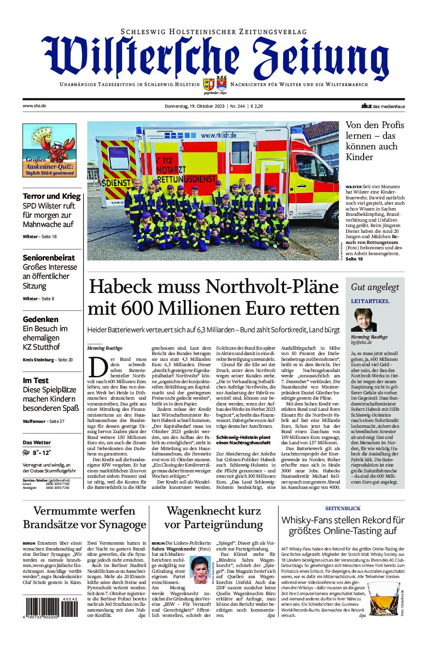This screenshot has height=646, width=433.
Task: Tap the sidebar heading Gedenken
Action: [40, 319]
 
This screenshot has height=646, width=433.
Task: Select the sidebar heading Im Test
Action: [35, 380]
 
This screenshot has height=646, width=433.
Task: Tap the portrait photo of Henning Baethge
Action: [360, 320]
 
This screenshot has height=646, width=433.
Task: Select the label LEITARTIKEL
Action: [370, 301]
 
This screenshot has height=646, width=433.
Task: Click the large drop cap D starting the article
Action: [98, 367]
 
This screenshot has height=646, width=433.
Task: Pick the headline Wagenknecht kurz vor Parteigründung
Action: [213, 517]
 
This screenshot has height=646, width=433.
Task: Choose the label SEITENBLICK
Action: [343, 508]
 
